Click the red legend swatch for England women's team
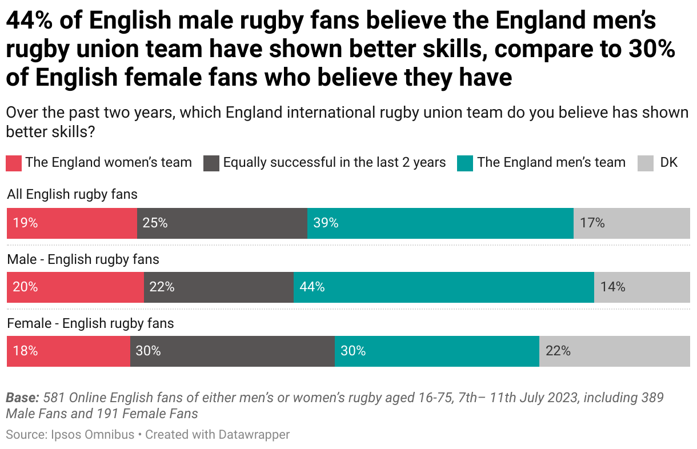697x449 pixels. [14, 163]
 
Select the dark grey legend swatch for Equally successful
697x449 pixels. [211, 163]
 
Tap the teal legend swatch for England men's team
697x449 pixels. [465, 163]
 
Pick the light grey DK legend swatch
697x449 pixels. [645, 163]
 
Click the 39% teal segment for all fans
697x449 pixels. [440, 223]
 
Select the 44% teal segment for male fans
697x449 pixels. [443, 287]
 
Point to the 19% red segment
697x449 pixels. [71, 223]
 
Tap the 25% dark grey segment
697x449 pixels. [222, 223]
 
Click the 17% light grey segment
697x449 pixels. [631, 223]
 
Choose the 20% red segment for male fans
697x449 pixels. [75, 287]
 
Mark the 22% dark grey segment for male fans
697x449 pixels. [218, 287]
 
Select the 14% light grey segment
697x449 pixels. [642, 287]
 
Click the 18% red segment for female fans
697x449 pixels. [68, 351]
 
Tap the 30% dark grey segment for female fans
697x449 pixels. [232, 351]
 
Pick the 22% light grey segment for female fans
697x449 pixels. [614, 351]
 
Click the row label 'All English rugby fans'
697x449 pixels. [72, 195]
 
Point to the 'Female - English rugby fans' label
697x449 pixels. [90, 323]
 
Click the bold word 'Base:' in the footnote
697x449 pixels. [22, 398]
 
